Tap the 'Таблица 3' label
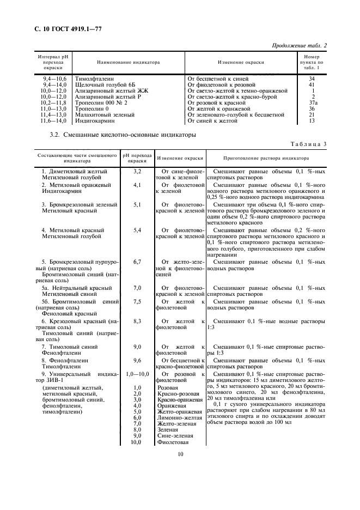[308, 143]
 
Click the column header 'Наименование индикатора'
[128, 62]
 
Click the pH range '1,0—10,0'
[137, 374]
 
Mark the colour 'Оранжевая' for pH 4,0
[170, 405]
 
